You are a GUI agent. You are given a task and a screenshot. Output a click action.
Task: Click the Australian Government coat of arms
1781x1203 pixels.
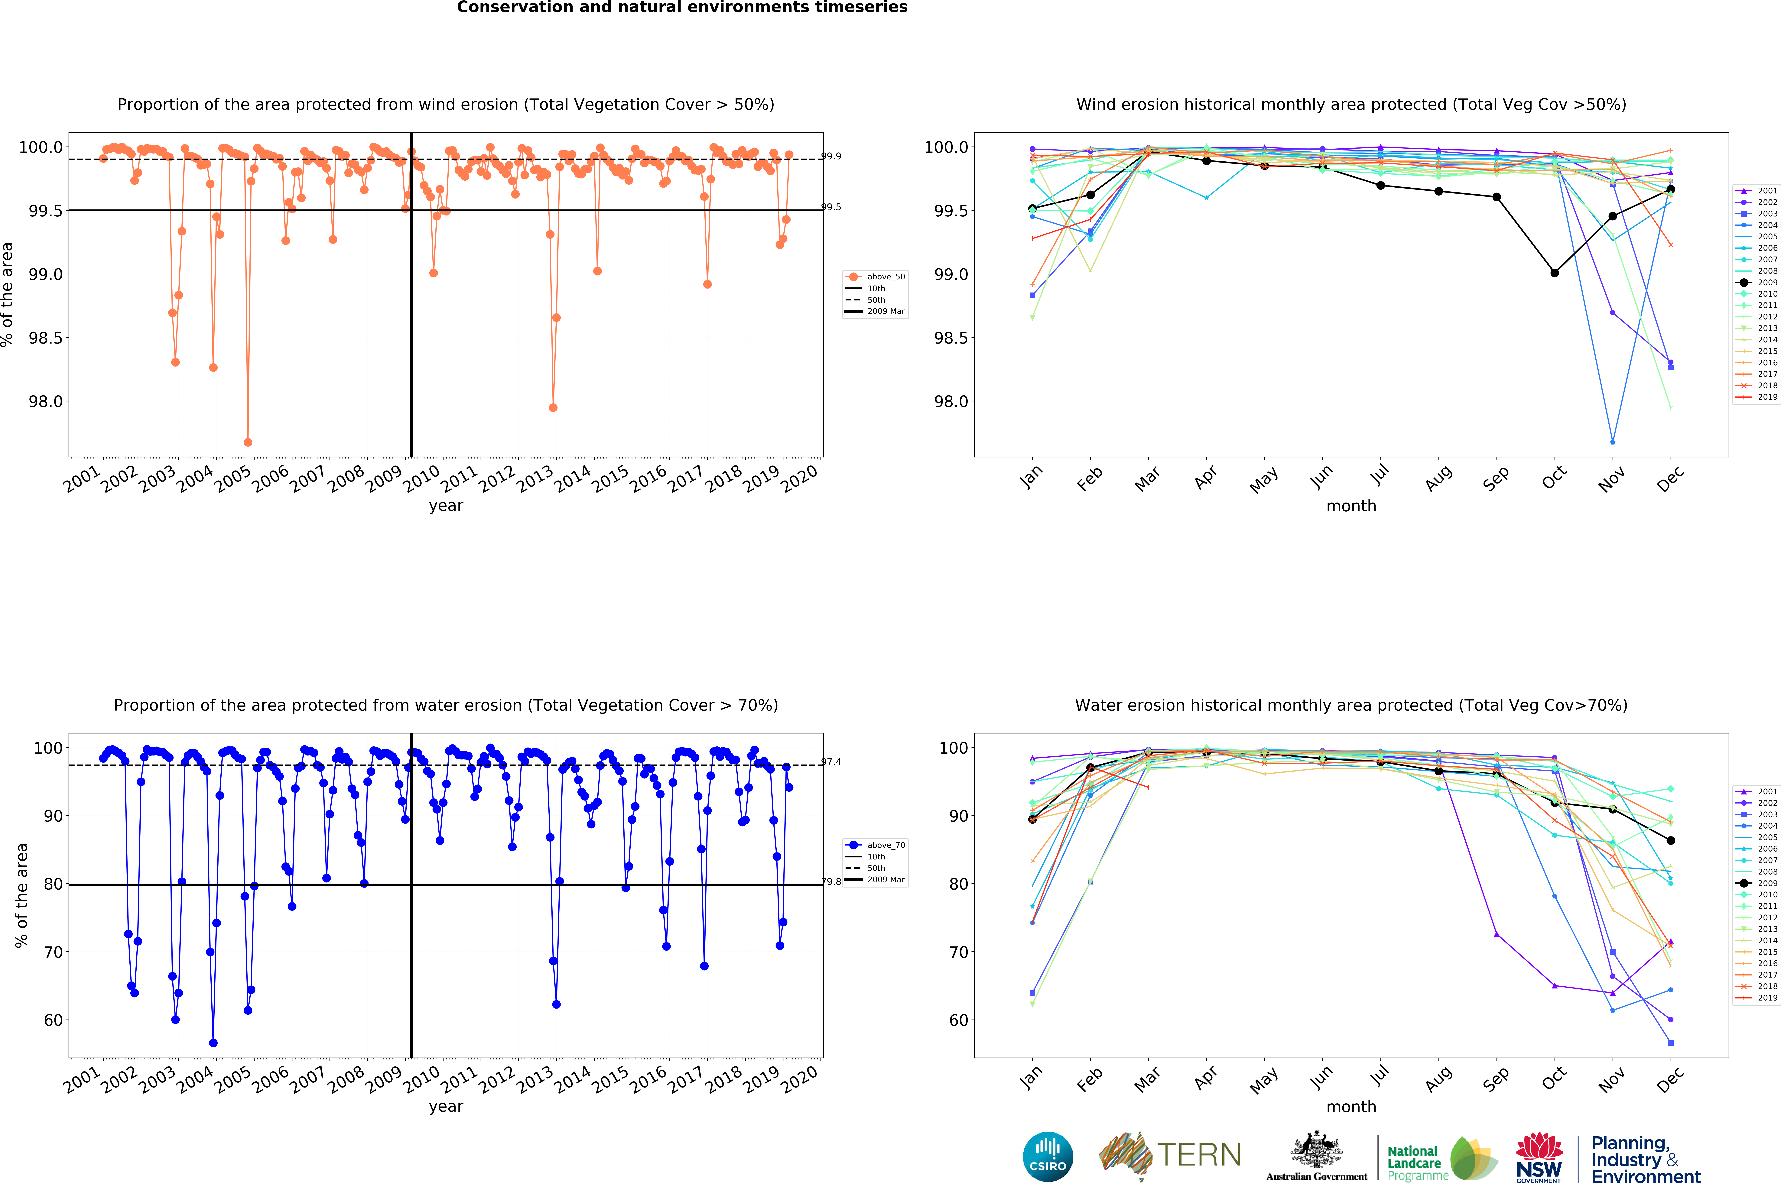1316,1149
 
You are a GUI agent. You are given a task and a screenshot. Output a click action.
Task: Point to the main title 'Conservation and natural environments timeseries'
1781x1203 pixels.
682,8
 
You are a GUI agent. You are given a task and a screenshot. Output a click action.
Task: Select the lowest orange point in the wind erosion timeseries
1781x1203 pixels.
248,442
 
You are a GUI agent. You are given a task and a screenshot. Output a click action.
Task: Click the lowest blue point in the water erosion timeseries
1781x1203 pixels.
213,1043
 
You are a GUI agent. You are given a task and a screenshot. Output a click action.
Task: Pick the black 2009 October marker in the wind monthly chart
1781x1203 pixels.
1554,273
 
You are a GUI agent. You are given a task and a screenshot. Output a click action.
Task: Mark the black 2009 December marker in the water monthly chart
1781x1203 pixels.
1671,841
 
